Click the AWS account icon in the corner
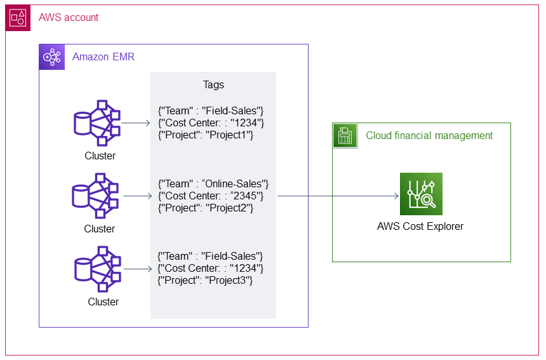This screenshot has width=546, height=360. [18, 18]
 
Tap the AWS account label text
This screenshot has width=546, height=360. [69, 18]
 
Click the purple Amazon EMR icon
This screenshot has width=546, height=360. [51, 57]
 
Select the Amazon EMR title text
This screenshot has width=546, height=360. [103, 57]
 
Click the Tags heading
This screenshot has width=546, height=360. [213, 84]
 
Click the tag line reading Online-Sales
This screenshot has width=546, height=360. [214, 183]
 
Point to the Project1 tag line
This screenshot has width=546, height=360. [206, 135]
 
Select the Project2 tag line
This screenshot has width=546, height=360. [206, 208]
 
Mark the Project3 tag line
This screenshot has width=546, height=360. [205, 280]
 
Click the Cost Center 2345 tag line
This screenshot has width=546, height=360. [211, 196]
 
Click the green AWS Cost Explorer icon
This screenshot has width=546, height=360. [421, 194]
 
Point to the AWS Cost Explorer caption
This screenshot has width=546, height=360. [420, 227]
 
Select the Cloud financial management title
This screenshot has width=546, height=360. [429, 135]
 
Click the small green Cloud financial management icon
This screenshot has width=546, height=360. [345, 135]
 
